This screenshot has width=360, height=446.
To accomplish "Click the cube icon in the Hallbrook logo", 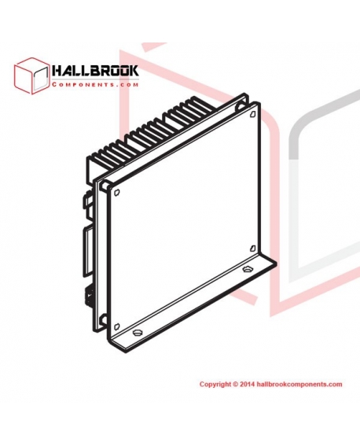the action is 32,76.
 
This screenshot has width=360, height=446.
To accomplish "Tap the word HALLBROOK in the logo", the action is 94,71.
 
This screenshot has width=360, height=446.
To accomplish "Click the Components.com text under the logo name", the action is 96,84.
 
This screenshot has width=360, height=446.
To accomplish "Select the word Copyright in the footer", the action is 215,385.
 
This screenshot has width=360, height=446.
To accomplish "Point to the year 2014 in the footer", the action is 247,385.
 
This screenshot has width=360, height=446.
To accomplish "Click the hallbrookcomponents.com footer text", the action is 299,385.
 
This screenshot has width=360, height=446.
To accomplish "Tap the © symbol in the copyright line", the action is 235,385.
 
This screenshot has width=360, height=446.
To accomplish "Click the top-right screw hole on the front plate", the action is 252,114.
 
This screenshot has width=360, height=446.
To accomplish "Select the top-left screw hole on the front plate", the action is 116,193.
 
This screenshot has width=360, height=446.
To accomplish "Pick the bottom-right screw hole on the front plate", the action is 252,249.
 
